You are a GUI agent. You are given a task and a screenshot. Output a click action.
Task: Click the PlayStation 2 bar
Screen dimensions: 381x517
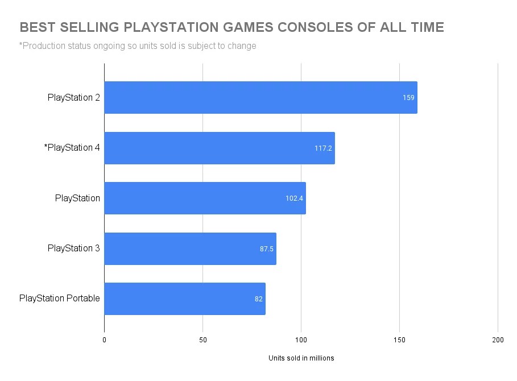260,97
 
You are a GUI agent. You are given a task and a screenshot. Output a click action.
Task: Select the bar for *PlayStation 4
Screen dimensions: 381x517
220,148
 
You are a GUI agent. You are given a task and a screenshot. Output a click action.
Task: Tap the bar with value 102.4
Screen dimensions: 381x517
205,198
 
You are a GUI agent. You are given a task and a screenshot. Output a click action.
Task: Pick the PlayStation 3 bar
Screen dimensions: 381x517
190,249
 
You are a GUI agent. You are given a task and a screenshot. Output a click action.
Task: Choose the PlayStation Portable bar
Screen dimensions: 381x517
185,299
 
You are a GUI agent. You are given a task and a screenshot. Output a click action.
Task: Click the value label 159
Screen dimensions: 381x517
408,98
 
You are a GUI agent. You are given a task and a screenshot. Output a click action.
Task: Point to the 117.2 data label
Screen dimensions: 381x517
323,148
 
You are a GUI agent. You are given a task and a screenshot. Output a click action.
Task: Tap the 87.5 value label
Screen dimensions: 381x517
267,249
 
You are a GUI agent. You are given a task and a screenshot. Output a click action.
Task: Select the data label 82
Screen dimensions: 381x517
259,299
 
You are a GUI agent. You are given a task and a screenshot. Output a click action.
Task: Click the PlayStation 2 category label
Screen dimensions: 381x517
74,98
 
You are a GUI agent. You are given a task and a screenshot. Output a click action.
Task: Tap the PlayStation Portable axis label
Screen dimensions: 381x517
60,298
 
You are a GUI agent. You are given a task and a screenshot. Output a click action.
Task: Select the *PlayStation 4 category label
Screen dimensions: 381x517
72,148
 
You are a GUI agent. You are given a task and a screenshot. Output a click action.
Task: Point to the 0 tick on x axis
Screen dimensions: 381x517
104,339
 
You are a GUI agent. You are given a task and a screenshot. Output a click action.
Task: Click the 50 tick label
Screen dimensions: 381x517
202,339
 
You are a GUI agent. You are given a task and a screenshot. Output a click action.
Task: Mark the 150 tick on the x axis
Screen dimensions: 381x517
399,339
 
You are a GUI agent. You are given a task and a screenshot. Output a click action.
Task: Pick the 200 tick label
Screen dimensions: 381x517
498,339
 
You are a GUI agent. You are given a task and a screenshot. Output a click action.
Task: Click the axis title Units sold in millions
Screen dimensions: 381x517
301,358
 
